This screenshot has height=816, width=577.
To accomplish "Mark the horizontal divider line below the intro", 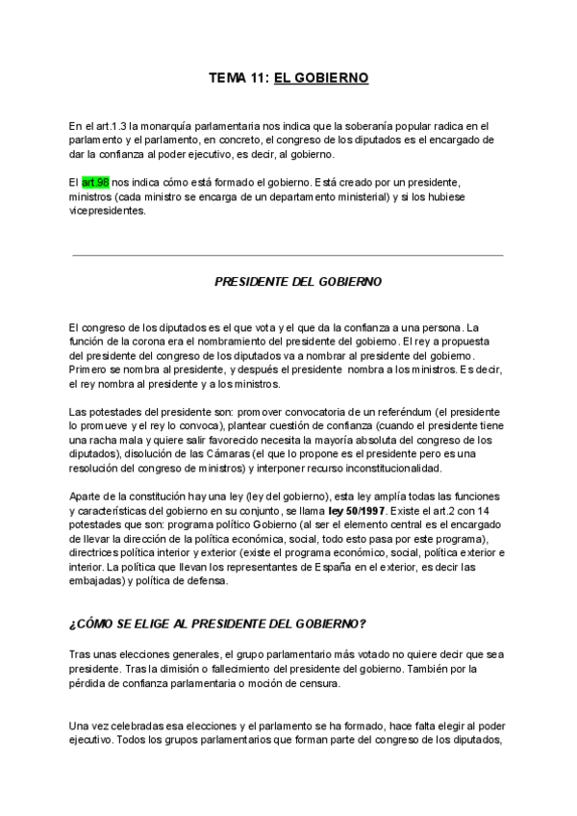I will pyautogui.click(x=288, y=255).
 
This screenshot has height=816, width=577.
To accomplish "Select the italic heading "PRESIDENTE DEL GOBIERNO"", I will pyautogui.click(x=297, y=282).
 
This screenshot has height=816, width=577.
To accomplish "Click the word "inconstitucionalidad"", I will pyautogui.click(x=388, y=468).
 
